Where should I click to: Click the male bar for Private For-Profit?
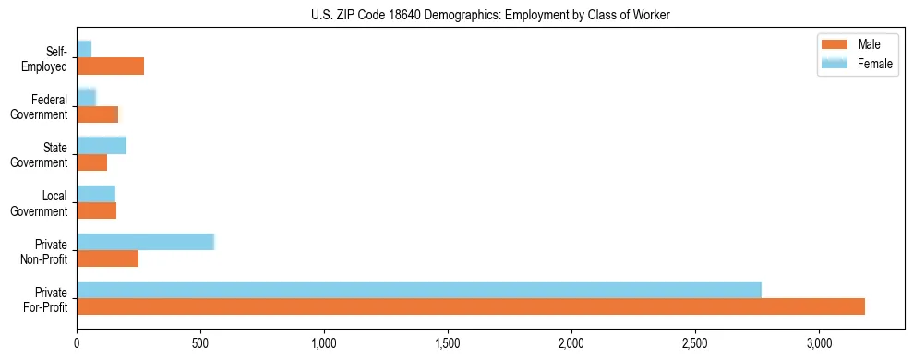coord(471,306)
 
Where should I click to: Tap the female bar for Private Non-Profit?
coord(145,242)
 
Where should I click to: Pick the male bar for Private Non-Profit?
coord(107,258)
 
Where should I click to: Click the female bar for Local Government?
coord(96,194)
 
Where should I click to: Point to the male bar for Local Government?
coord(96,210)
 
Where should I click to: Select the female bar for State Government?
coord(102,145)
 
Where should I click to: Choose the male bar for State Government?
coord(91,162)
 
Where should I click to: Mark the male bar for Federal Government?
coord(97,114)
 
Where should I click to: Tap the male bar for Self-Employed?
coord(110,66)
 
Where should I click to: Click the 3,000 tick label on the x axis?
coord(819,343)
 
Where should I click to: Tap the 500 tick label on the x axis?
coord(200,343)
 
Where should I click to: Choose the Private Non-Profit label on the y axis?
coord(46,251)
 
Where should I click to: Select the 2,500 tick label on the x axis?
coord(695,343)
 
